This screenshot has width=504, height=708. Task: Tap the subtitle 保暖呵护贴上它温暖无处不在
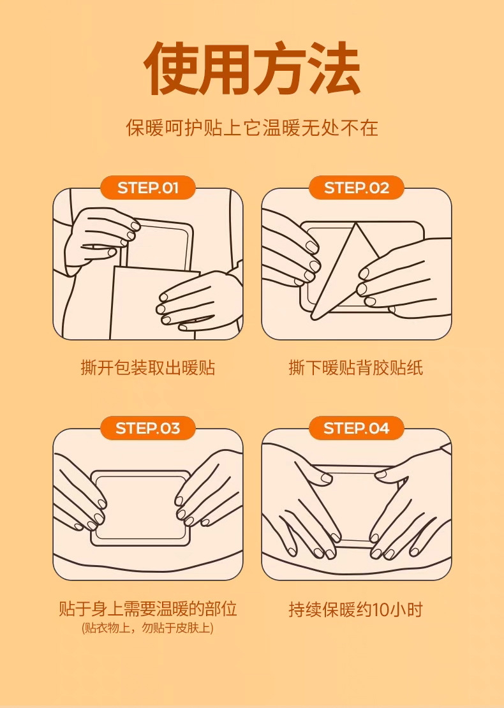tap(252, 128)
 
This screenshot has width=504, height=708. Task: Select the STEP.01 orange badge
tap(147, 188)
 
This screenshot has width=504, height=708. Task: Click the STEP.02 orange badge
tap(357, 188)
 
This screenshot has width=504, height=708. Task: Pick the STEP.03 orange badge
tap(147, 427)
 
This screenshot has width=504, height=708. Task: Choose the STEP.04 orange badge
tap(357, 427)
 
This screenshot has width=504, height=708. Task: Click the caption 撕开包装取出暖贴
tap(147, 367)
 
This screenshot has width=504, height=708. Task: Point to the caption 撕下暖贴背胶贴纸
tap(356, 367)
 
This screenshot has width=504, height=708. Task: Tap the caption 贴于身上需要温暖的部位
tap(147, 608)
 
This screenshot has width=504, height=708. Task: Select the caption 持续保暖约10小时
tap(356, 609)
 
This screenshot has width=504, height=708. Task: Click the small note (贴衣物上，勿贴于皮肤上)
tap(147, 628)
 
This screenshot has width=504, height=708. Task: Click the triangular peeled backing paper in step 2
tap(343, 271)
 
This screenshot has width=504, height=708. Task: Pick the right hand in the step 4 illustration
tap(409, 501)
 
